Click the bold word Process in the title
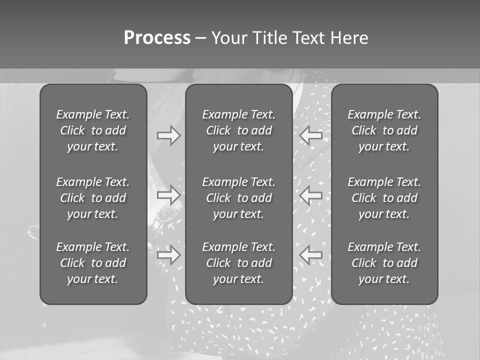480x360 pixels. pos(157,38)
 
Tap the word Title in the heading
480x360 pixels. pos(268,38)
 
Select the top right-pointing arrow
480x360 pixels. pos(168,135)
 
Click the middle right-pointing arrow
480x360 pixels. pos(168,194)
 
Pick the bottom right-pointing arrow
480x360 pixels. pos(168,255)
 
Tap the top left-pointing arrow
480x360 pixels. pos(311,135)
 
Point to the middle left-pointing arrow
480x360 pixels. pos(311,194)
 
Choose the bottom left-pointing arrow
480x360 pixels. pos(311,255)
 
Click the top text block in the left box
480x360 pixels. pos(93,130)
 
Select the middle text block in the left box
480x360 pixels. pos(93,198)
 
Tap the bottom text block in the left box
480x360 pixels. pos(93,263)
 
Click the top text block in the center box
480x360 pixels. pos(238,130)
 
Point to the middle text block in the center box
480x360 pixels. pos(238,198)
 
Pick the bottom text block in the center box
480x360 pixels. pos(238,263)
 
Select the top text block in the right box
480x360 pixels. pos(384,130)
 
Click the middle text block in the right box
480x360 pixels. pos(384,198)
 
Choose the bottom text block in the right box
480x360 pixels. pos(384,263)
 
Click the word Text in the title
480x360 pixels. pos(308,38)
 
